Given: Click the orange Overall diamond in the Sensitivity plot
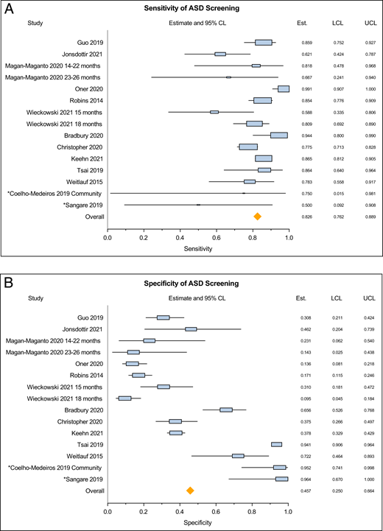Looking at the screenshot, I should (x=257, y=216).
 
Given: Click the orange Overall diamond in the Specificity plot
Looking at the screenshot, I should (x=190, y=490).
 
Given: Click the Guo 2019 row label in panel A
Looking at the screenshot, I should (x=88, y=42).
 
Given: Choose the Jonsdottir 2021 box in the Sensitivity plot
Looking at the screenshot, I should (x=219, y=54).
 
